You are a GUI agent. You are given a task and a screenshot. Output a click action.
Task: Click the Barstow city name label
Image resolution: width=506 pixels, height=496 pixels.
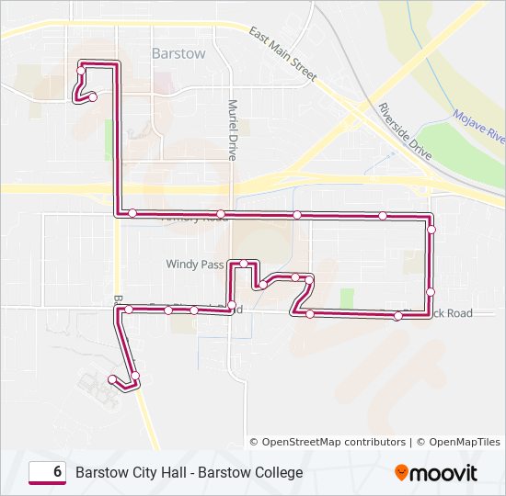[178, 53]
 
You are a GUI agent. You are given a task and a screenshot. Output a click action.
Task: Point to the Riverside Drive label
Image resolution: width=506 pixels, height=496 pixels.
[404, 132]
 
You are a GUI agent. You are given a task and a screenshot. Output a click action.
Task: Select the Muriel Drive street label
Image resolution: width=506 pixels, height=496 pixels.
[233, 130]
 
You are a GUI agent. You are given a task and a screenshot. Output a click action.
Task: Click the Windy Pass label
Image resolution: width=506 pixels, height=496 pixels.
[194, 264]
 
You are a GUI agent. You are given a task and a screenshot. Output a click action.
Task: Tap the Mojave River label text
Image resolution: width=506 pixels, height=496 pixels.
[479, 127]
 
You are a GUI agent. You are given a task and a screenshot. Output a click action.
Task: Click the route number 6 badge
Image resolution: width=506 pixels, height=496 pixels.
[47, 472]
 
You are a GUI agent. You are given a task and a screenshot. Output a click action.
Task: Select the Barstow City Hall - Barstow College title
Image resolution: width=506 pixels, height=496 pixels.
[189, 472]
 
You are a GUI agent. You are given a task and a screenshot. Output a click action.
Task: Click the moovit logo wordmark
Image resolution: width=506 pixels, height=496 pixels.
[444, 473]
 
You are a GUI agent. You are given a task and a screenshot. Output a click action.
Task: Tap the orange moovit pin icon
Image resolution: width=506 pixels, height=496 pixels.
[401, 473]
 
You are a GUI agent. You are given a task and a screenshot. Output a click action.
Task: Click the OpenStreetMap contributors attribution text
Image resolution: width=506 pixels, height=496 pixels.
[334, 442]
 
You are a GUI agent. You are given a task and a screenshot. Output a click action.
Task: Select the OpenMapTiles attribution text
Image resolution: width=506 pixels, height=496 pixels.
[458, 442]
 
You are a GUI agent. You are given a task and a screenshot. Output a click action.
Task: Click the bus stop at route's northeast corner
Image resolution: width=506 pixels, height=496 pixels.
[431, 228]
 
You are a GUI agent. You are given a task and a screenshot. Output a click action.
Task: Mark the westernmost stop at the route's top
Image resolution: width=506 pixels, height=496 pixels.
[82, 70]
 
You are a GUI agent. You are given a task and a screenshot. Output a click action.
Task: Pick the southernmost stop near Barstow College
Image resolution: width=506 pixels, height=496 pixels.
[112, 379]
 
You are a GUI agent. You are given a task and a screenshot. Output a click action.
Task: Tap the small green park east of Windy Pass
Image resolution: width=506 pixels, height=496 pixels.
[347, 299]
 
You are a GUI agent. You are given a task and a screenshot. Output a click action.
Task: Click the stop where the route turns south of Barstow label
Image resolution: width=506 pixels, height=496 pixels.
[132, 213]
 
